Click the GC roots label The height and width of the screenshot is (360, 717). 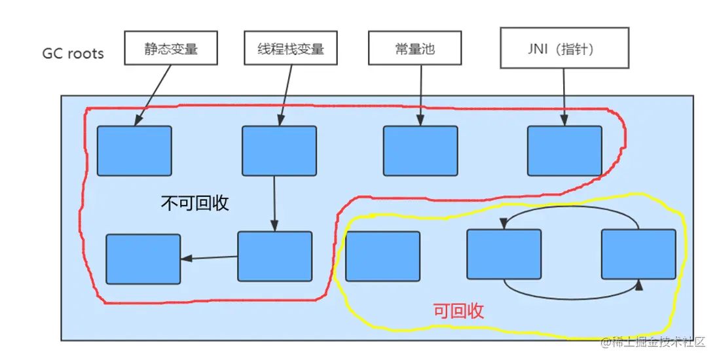point(73,53)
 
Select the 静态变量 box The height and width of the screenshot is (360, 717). point(171,48)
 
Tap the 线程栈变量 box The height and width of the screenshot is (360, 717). point(291,48)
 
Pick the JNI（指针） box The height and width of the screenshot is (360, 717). point(564,48)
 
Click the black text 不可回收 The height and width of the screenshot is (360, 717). point(195,203)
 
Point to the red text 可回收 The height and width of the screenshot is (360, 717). point(458,311)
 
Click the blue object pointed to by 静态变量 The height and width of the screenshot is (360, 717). point(134,151)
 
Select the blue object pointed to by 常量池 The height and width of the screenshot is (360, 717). point(420,151)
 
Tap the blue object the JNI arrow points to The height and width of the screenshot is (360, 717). point(564,151)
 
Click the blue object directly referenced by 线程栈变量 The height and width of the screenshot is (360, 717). point(279,151)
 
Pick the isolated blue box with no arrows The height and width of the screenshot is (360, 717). point(382,256)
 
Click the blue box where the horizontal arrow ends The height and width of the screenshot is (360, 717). point(143,259)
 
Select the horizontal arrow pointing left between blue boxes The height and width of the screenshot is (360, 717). point(209,258)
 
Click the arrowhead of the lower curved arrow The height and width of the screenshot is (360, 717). point(640,285)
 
